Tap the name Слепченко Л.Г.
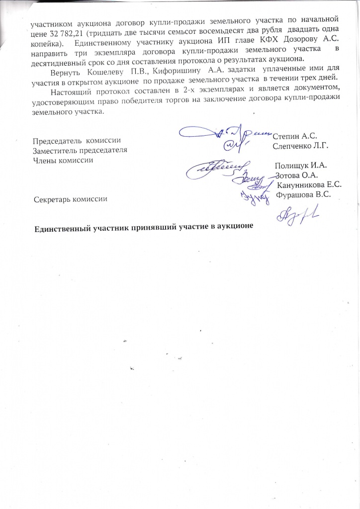click(301, 146)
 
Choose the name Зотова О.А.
click(297, 175)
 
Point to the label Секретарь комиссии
click(70, 199)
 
